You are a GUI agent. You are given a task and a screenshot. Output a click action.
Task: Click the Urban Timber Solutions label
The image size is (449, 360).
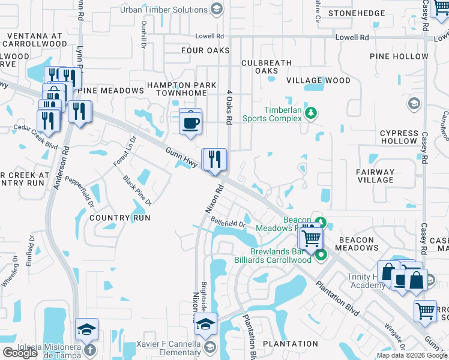163,10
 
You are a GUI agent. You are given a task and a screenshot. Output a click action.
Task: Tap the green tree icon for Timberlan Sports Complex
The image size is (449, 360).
310,113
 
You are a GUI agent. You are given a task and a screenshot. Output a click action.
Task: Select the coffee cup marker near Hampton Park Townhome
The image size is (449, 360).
191,122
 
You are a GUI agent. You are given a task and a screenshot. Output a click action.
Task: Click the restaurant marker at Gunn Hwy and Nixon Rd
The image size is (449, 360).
214,160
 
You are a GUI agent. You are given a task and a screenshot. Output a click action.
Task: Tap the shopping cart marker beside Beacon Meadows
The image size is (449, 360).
310,238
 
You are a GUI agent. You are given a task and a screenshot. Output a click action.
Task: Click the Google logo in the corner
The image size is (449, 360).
20,353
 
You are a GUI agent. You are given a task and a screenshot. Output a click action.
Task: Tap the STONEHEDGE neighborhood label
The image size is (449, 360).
373,12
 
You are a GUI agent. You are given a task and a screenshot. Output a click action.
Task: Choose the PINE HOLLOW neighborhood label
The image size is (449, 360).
399,56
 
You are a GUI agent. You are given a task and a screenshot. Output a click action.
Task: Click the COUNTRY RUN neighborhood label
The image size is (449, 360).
119,217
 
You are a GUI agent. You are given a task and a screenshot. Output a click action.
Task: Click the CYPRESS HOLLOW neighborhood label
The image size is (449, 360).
399,137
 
